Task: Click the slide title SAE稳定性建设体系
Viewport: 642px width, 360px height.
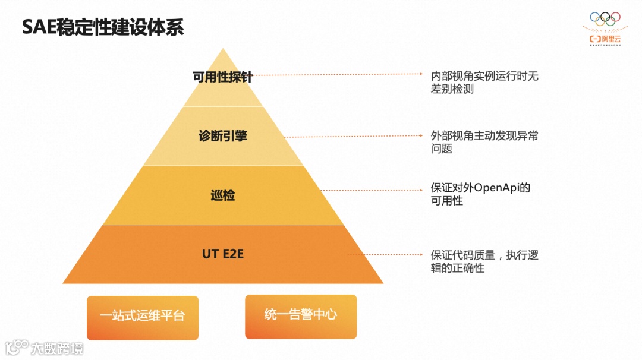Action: pyautogui.click(x=103, y=27)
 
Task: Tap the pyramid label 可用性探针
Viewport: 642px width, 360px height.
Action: pyautogui.click(x=222, y=77)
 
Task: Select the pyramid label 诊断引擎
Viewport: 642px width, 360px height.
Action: pyautogui.click(x=222, y=136)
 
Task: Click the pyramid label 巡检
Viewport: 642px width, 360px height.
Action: pyautogui.click(x=222, y=195)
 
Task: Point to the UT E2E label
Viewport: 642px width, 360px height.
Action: pyautogui.click(x=223, y=254)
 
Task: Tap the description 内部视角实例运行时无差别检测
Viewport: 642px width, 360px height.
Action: pyautogui.click(x=484, y=83)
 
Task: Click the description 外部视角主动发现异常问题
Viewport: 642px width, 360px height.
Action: pyautogui.click(x=484, y=142)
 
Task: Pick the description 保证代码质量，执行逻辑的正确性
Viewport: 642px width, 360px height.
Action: pyautogui.click(x=484, y=261)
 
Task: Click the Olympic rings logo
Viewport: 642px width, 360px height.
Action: pyautogui.click(x=605, y=19)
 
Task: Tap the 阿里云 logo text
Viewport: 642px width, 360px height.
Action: pyautogui.click(x=609, y=39)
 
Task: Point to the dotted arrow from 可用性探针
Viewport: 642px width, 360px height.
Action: pyautogui.click(x=339, y=75)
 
